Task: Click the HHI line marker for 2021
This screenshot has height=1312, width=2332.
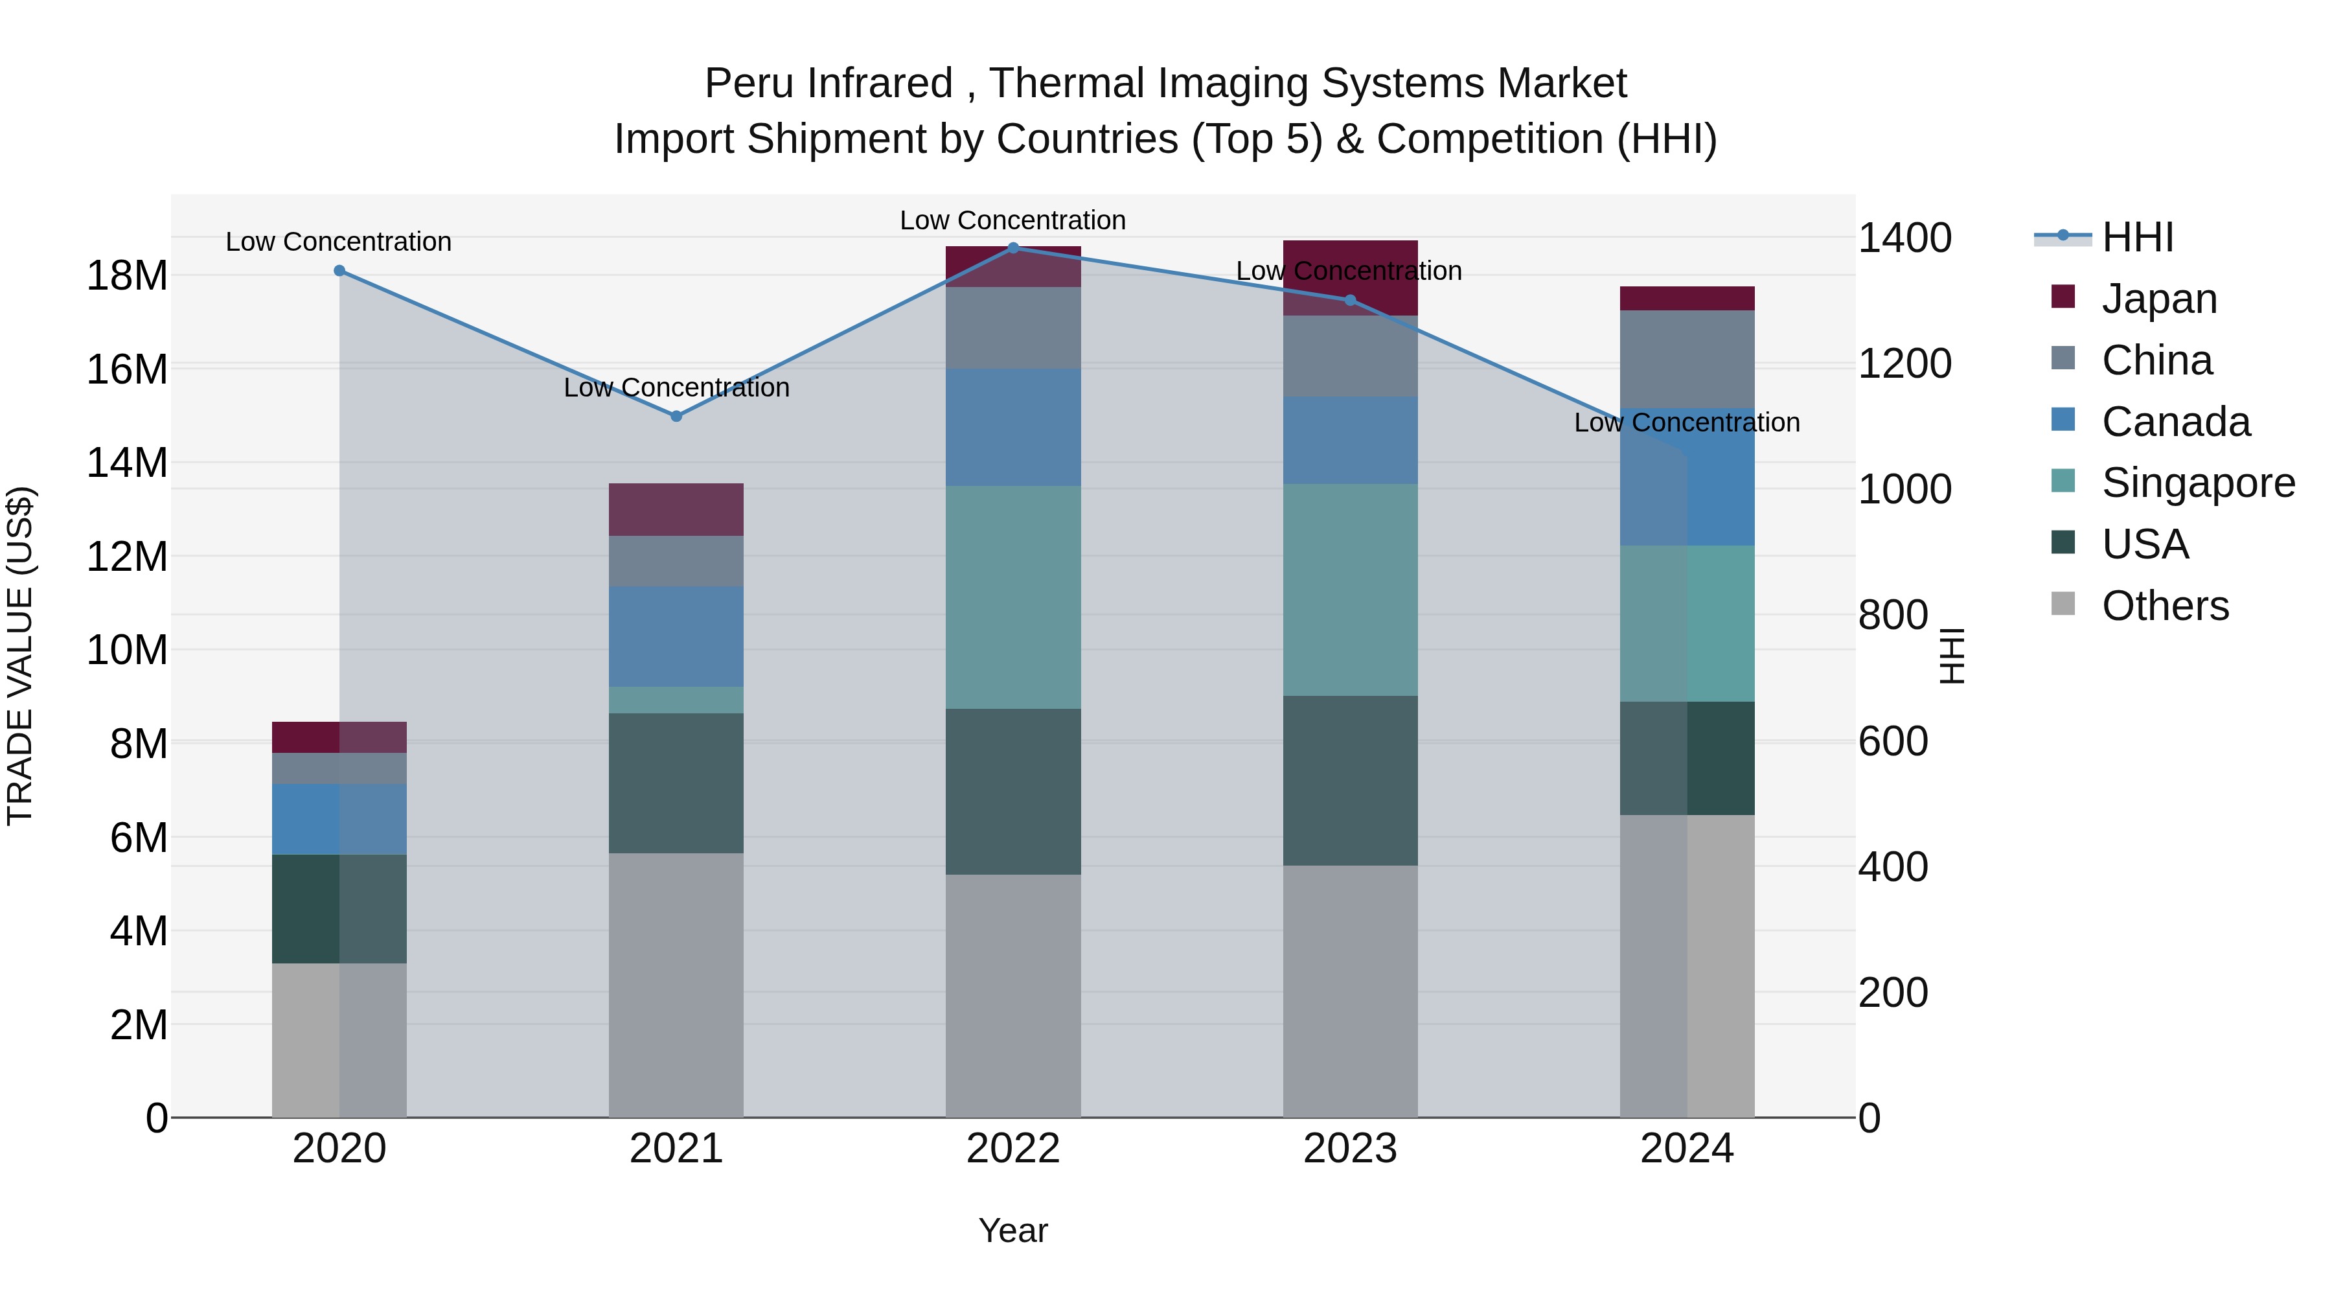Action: coord(676,417)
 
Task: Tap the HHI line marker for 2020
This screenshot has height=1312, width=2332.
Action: coord(339,271)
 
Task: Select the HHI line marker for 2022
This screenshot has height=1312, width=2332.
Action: coord(1013,248)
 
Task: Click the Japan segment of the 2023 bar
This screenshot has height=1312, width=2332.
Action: coord(1350,278)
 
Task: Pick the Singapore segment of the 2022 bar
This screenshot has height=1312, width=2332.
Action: coord(1013,597)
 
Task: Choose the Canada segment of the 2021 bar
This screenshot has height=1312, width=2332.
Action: coord(676,636)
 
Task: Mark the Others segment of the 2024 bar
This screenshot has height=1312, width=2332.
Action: coord(1687,966)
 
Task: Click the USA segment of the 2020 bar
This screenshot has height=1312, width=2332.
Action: coord(339,909)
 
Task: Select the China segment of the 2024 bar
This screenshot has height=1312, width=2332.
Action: coord(1687,360)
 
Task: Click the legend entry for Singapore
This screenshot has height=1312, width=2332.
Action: coord(2198,483)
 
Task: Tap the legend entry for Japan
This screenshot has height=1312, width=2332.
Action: coord(2159,299)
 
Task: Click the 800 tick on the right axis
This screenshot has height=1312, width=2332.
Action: coord(1893,616)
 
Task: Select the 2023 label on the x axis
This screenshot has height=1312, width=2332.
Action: coord(1350,1149)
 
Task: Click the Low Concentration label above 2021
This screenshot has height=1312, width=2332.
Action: coord(676,387)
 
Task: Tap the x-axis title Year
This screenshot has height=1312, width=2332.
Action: coord(1013,1230)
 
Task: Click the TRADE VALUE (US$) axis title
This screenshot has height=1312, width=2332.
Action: coord(20,656)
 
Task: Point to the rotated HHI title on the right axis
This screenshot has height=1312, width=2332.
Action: coord(1952,656)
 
